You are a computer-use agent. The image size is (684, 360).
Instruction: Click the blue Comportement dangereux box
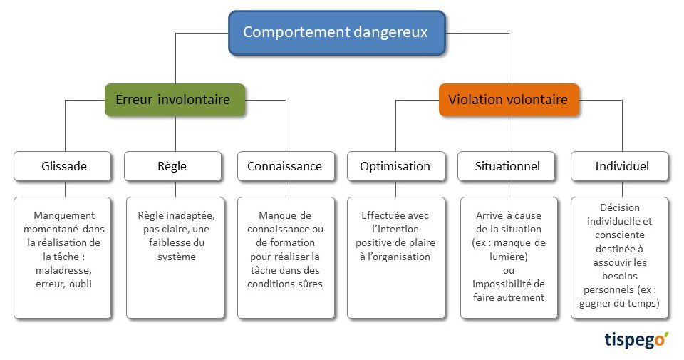coord(337,33)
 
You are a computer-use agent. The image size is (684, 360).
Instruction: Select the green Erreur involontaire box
coord(175,100)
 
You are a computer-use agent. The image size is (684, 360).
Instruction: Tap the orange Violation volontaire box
coord(509,100)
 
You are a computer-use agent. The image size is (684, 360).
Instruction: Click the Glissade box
coord(63,166)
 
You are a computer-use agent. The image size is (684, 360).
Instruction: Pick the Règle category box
coord(172,166)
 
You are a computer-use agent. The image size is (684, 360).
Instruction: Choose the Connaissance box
coord(286,166)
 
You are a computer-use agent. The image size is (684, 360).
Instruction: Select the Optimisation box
coord(395,166)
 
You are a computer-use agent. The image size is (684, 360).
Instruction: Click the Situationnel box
coord(507,166)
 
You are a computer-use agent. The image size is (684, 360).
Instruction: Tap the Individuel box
coord(619,166)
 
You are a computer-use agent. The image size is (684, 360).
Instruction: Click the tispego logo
coord(636,340)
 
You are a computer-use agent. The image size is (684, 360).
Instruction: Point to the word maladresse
coord(63,271)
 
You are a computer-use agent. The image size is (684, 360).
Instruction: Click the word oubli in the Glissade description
coord(81,284)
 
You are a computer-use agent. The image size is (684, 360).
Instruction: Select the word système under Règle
coord(177,257)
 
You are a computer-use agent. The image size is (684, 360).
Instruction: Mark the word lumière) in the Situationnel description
coord(509,257)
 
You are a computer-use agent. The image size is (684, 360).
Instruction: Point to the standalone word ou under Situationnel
coord(509,271)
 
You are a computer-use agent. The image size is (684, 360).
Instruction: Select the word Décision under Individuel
coord(619,207)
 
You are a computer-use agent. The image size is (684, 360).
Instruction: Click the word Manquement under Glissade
coord(64,215)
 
